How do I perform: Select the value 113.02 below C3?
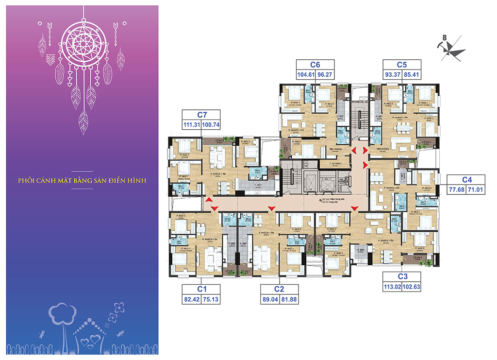click(392, 287)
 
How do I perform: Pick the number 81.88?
click(288, 300)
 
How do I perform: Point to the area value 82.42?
click(192, 300)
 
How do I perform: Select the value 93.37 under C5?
click(392, 75)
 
